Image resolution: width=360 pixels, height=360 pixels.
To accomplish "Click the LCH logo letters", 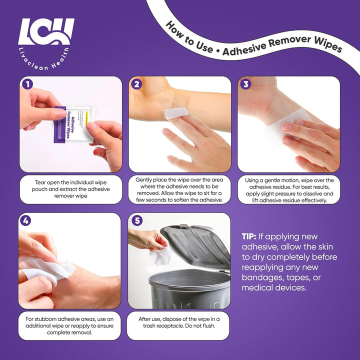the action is point(46,31).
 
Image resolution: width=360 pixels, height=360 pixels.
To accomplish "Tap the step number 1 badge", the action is point(27,84).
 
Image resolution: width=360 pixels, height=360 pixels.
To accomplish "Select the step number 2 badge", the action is point(136,84).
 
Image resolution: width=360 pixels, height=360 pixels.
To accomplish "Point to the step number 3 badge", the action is point(245,84).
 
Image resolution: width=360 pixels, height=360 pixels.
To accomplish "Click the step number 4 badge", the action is point(25,220).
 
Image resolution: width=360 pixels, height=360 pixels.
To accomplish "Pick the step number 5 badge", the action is point(137,220).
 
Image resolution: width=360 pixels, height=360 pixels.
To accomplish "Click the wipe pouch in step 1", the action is point(74,124).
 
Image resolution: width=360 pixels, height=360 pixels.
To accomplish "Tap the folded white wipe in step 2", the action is point(176,113).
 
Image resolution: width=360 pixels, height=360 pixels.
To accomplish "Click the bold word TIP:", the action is point(248,236).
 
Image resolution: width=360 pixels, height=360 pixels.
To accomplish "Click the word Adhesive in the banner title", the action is point(244,49).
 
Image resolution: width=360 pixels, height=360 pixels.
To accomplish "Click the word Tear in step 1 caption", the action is point(39,182).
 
